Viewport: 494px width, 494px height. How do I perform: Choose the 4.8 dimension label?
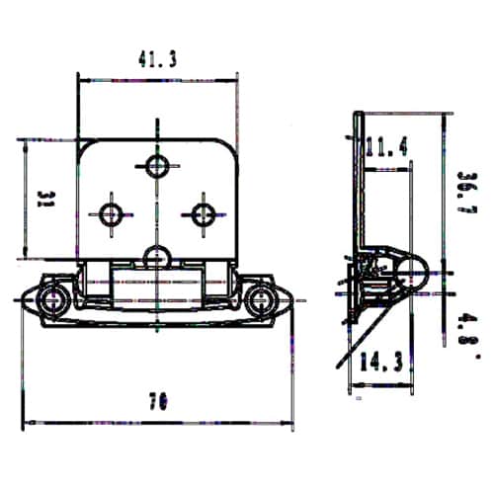(x=468, y=325)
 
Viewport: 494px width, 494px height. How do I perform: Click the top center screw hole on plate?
(x=156, y=164)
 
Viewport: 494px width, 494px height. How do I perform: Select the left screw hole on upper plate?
(x=111, y=212)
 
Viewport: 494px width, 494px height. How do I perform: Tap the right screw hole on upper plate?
(x=203, y=212)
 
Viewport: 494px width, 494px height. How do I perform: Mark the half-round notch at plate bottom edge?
(x=156, y=259)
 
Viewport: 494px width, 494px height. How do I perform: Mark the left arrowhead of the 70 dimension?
(x=26, y=422)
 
